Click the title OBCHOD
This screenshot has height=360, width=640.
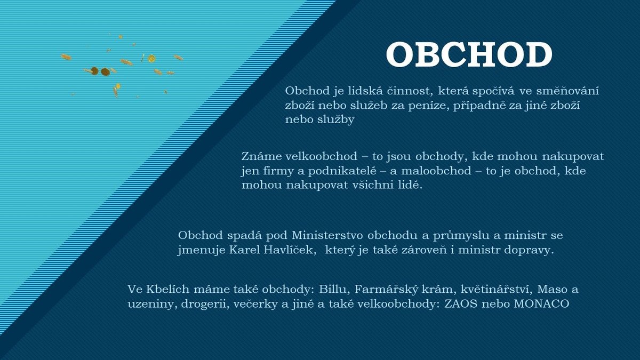(x=469, y=54)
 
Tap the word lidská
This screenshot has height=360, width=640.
(x=365, y=91)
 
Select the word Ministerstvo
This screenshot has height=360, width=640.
(x=327, y=235)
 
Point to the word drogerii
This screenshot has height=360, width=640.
(x=205, y=304)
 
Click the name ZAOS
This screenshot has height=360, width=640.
(x=461, y=303)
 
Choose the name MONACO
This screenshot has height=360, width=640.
(x=542, y=303)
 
